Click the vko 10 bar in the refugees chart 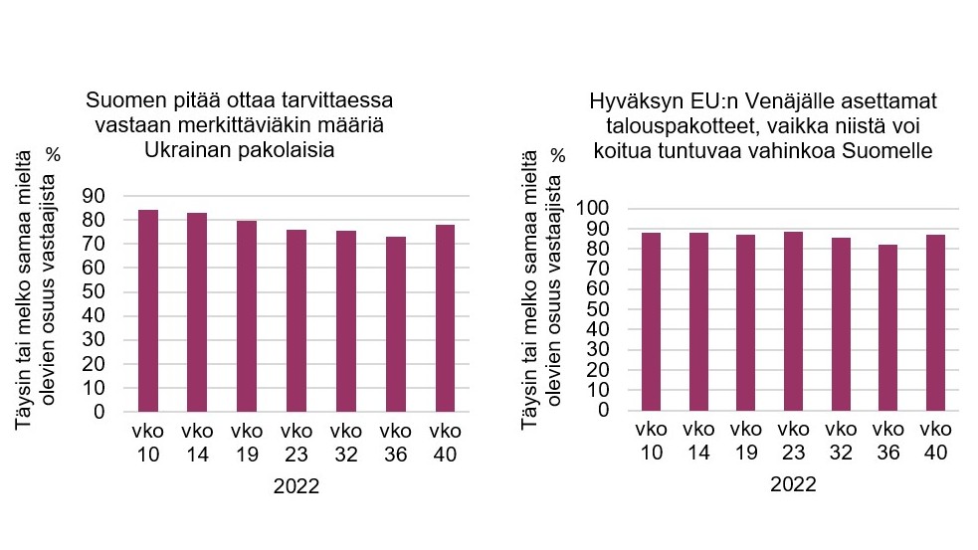147,310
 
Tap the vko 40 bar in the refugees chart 445,317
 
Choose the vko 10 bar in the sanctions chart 652,321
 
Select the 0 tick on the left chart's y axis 101,411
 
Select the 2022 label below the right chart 793,485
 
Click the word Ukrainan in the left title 189,150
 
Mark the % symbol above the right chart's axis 558,155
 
